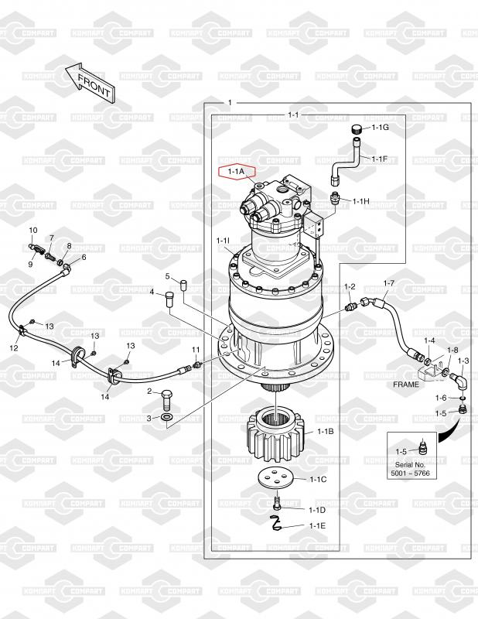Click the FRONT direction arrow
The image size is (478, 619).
pos(90,83)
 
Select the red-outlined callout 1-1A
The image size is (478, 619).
pos(237,172)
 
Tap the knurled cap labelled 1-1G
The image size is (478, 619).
pos(357,128)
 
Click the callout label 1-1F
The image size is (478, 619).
pos(379,159)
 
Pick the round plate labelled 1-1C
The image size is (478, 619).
pos(276,478)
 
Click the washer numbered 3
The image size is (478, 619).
pos(167,417)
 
